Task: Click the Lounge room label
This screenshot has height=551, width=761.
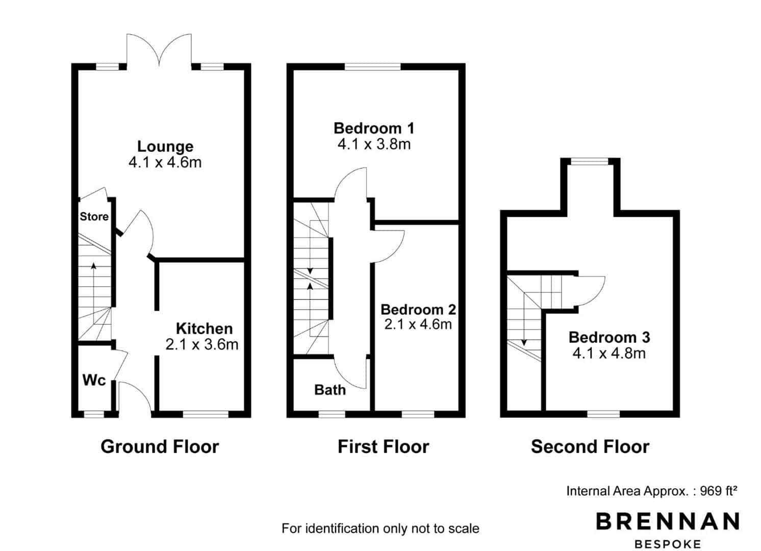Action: point(165,146)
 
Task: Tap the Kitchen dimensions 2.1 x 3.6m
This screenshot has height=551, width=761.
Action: point(202,345)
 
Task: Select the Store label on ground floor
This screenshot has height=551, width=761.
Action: point(94,216)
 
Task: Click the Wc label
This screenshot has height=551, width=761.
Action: point(94,380)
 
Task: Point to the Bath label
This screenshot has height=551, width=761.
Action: point(330,390)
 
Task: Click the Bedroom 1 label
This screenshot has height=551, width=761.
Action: point(374,129)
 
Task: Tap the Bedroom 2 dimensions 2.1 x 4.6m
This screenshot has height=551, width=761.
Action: point(418,324)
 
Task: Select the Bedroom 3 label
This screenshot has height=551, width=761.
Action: point(609,338)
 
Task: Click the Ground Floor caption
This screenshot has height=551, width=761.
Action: point(160,446)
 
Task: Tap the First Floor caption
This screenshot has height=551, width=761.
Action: point(383,446)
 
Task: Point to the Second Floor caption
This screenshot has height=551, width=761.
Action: point(590,446)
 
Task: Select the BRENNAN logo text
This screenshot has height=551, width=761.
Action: point(668,521)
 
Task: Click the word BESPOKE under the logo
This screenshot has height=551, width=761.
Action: point(668,544)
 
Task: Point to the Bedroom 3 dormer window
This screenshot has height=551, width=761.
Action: point(590,161)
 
